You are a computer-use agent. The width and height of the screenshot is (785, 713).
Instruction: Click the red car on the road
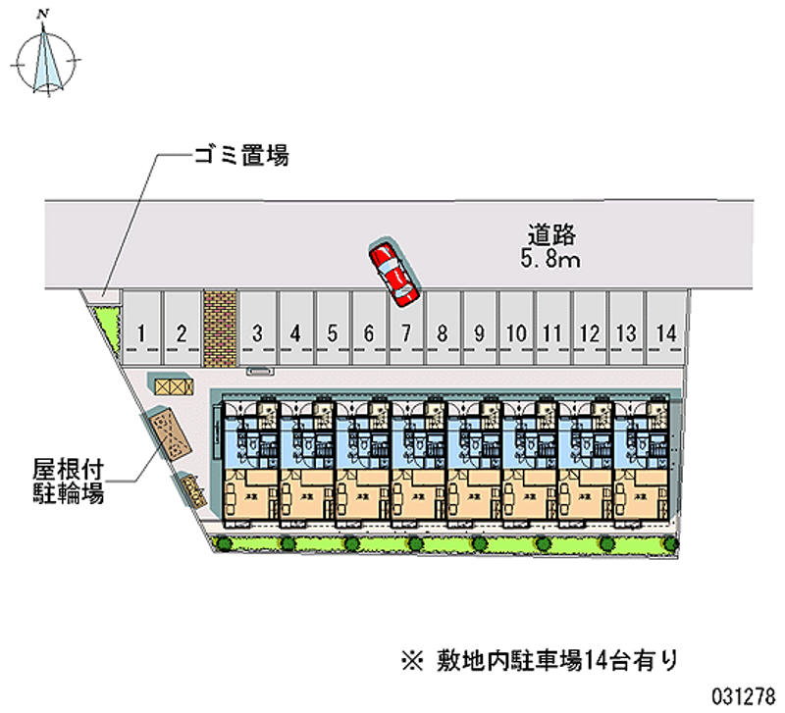[392, 271]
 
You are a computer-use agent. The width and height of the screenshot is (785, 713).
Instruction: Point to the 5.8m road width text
[549, 259]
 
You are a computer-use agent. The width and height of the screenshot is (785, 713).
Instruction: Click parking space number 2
[181, 333]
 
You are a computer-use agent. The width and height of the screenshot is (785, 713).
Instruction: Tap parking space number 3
[257, 333]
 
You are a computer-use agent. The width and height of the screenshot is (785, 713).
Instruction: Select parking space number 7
[405, 333]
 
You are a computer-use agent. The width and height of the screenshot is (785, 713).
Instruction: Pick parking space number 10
[515, 333]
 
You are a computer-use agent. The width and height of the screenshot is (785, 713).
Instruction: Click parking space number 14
[666, 333]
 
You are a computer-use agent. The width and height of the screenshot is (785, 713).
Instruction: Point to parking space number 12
[590, 333]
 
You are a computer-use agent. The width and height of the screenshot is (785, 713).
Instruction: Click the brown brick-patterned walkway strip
[219, 327]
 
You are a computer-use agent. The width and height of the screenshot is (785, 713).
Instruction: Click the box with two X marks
[170, 386]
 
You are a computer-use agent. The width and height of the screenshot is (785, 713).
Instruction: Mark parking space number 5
[332, 333]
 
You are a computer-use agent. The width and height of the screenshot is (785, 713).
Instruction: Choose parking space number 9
[479, 333]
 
